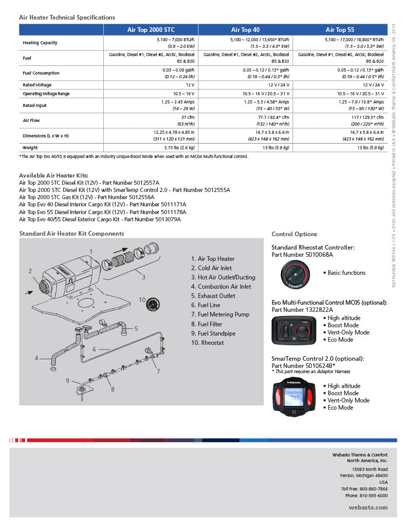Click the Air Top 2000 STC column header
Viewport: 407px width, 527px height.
[151, 30]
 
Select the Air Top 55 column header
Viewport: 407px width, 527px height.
[340, 30]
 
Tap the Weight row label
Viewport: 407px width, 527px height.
[30, 148]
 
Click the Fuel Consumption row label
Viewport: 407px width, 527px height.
[41, 73]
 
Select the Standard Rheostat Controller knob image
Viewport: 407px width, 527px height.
[294, 273]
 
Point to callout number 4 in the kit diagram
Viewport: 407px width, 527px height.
[36, 358]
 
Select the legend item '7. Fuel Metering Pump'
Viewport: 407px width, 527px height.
[220, 314]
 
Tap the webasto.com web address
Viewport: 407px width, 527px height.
[368, 507]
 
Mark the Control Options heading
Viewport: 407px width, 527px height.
[294, 234]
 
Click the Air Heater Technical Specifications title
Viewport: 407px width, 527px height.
[67, 17]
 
